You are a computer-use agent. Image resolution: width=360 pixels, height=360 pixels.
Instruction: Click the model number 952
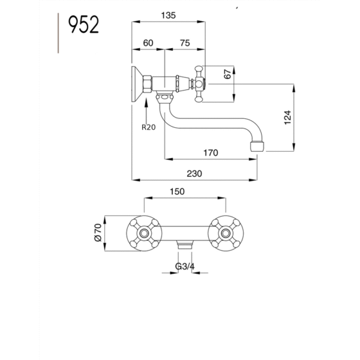click(x=83, y=25)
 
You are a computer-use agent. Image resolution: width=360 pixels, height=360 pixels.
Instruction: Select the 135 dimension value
click(x=168, y=16)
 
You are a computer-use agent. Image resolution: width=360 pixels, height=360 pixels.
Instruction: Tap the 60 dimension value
click(x=148, y=43)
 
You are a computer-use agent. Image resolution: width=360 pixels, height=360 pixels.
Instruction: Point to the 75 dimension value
click(x=185, y=43)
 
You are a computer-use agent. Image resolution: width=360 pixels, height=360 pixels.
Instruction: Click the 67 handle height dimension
click(x=227, y=74)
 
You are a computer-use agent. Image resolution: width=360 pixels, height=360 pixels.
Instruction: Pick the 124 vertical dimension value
click(x=287, y=118)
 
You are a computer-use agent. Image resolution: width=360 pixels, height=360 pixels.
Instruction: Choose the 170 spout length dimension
click(x=211, y=152)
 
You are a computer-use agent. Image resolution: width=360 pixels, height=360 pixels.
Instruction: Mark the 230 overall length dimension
click(x=194, y=173)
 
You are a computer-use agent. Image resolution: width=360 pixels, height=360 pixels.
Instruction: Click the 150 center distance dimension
click(x=177, y=191)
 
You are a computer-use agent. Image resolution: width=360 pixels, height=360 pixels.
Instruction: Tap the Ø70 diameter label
click(x=98, y=232)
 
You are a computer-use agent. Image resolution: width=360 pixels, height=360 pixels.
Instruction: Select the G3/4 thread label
click(x=185, y=266)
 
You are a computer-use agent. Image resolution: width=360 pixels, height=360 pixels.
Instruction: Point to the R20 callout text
click(x=149, y=127)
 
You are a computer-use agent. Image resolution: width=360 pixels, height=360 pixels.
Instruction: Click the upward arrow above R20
click(x=146, y=110)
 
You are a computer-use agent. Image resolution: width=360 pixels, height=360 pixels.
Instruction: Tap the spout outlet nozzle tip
click(x=257, y=147)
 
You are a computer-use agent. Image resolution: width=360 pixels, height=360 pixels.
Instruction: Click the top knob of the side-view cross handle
click(x=199, y=68)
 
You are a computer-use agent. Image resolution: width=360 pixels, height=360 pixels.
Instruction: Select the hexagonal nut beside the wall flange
click(x=147, y=84)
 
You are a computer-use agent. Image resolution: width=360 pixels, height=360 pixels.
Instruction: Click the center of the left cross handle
click(x=144, y=233)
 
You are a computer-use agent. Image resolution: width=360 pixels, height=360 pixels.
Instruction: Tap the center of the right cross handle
click(x=226, y=233)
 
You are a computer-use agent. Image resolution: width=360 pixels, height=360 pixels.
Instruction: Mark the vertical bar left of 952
click(x=58, y=33)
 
